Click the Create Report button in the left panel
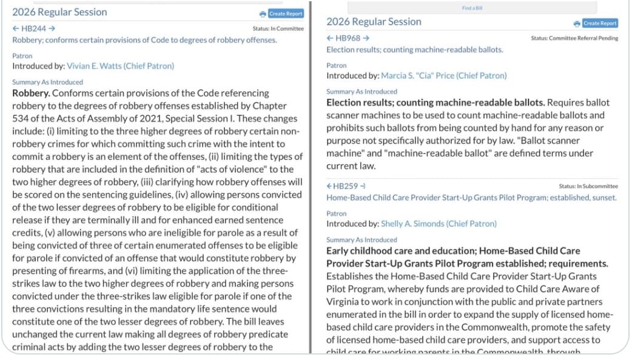pyautogui.click(x=286, y=13)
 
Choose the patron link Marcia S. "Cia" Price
pyautogui.click(x=443, y=76)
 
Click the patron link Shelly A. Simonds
pyautogui.click(x=439, y=224)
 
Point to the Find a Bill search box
pyautogui.click(x=472, y=8)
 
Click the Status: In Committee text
pyautogui.click(x=278, y=28)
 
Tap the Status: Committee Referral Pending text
pyautogui.click(x=574, y=38)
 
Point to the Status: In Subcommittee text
pyautogui.click(x=588, y=186)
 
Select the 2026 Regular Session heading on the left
pyautogui.click(x=59, y=12)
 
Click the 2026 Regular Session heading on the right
pyautogui.click(x=374, y=22)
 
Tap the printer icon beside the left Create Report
pyautogui.click(x=263, y=14)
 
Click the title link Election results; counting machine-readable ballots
pyautogui.click(x=414, y=50)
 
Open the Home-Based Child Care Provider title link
pyautogui.click(x=471, y=198)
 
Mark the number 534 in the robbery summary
pyautogui.click(x=20, y=118)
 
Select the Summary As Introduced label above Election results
pyautogui.click(x=361, y=92)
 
